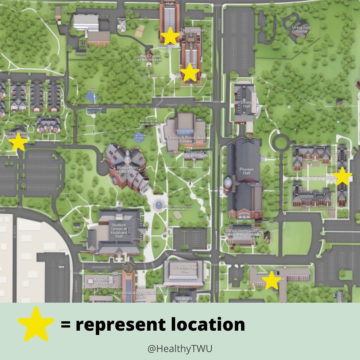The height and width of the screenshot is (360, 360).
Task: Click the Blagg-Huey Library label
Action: coord(125,169)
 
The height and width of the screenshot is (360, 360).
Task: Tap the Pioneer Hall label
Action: coord(246,172)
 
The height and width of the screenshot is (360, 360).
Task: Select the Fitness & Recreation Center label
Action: coord(187,139)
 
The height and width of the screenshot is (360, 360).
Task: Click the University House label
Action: coord(301,29)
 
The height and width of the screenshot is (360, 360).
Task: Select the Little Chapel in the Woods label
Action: coord(149,58)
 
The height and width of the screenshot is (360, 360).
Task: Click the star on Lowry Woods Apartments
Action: coord(18,143)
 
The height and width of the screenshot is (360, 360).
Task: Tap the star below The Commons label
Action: coord(170,36)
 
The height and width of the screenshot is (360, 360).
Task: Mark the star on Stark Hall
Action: coord(190,72)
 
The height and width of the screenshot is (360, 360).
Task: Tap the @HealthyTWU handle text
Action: coord(180,349)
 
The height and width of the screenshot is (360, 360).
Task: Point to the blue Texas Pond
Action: coord(91,96)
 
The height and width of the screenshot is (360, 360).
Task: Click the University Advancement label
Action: coord(195,154)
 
